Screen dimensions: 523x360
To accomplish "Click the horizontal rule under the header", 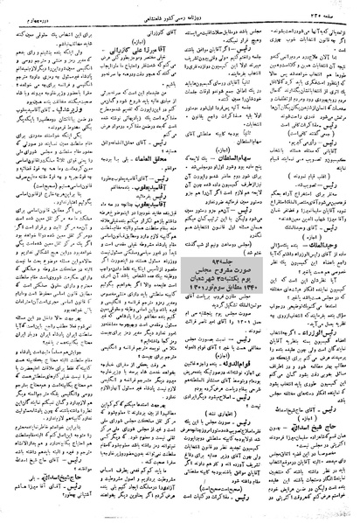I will tap(180, 18).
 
